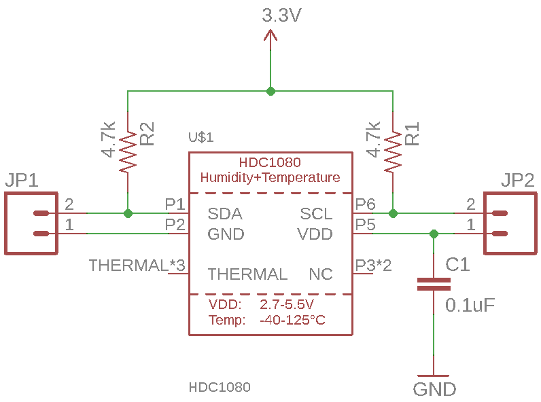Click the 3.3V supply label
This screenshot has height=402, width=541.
[281, 16]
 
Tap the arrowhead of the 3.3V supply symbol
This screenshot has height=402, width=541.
[270, 35]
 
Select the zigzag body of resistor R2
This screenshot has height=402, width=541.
[128, 151]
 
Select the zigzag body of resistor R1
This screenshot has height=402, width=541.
[393, 151]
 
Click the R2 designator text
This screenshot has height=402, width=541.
[147, 134]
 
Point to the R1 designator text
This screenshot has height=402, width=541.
[412, 134]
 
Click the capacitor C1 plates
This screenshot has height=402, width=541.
[434, 285]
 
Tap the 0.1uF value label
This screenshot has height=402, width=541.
[470, 305]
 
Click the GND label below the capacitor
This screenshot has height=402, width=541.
[434, 390]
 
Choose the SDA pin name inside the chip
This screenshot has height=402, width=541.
[225, 214]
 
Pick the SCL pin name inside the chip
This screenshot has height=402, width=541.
[316, 214]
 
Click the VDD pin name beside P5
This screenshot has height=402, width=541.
[315, 234]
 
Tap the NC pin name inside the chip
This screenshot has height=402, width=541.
[321, 274]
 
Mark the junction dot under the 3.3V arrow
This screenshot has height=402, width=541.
[271, 92]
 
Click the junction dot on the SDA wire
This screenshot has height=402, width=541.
[128, 214]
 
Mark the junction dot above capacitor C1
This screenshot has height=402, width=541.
[434, 234]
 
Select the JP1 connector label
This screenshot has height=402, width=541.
[21, 181]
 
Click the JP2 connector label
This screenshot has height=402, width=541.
[517, 181]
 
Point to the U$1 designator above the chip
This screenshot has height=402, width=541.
[200, 137]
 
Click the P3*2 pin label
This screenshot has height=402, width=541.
[373, 266]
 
